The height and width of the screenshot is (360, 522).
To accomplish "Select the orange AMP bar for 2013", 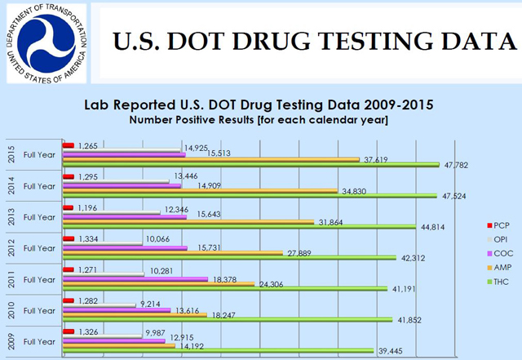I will coord(189,221).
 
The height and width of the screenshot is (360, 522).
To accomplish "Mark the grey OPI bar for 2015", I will coord(122,149).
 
